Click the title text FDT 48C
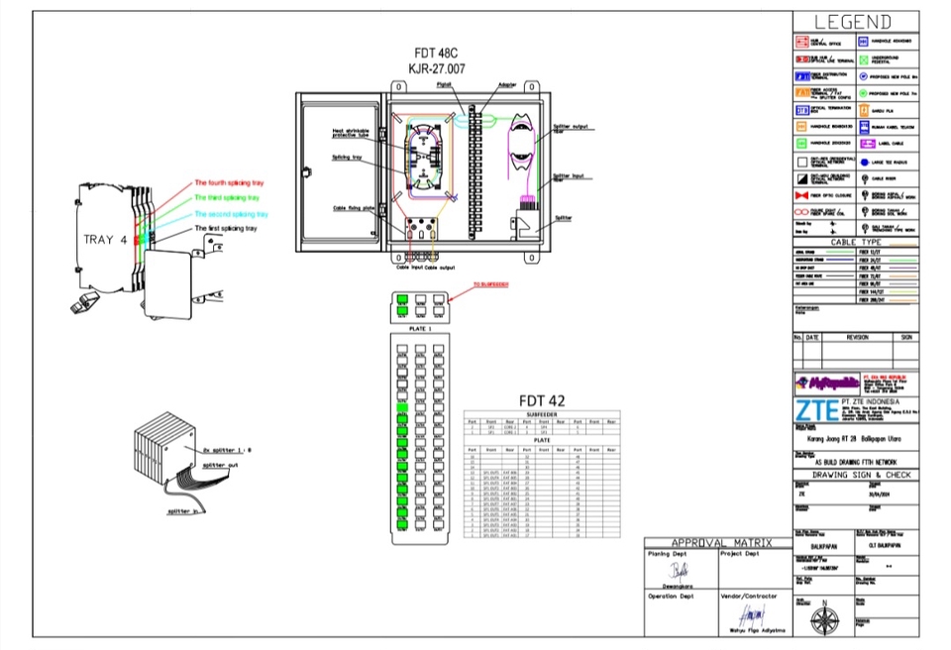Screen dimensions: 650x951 tap(436, 53)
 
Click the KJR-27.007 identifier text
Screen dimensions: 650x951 tap(436, 68)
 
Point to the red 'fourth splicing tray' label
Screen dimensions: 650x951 tap(229, 183)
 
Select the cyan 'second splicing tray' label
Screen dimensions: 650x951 tap(230, 214)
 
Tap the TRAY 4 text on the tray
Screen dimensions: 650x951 tap(105, 240)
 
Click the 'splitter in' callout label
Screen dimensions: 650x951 tap(185, 512)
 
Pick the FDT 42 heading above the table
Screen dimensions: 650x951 tap(542, 400)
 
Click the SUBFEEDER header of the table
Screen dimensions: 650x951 tap(542, 414)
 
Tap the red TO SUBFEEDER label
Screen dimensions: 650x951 tap(490, 284)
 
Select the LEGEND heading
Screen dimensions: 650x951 tap(853, 23)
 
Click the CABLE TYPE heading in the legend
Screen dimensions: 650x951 tap(856, 242)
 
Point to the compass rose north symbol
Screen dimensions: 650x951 tap(823, 619)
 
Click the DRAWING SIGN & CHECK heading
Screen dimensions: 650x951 tap(856, 476)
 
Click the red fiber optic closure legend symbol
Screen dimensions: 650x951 tap(802, 196)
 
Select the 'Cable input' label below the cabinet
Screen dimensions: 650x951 tap(409, 267)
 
